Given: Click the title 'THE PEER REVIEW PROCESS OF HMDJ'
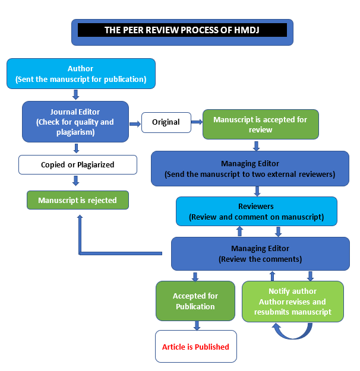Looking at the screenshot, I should pos(182,30).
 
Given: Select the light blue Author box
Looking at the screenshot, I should pos(81,74).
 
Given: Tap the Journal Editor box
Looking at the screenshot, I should pos(75,122).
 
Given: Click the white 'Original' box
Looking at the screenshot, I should pos(166,122).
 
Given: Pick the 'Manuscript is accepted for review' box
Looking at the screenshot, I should pos(260,125).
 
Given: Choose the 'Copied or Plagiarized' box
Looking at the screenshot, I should pos(77,164).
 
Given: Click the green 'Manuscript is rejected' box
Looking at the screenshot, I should pos(77,201).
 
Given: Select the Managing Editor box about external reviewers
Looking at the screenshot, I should pos(250,169).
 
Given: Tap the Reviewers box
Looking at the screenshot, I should pos(256,211).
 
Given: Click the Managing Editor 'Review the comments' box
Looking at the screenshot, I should pos(260,253).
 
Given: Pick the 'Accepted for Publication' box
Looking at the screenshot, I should pos(195,301).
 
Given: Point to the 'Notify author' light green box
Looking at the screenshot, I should pos(293,301).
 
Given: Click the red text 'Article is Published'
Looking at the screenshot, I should pos(195,347).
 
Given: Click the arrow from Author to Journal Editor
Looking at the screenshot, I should pos(75,94).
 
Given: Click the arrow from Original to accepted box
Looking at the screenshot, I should pos(196,122).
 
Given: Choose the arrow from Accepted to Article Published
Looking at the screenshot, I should pos(197,325).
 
